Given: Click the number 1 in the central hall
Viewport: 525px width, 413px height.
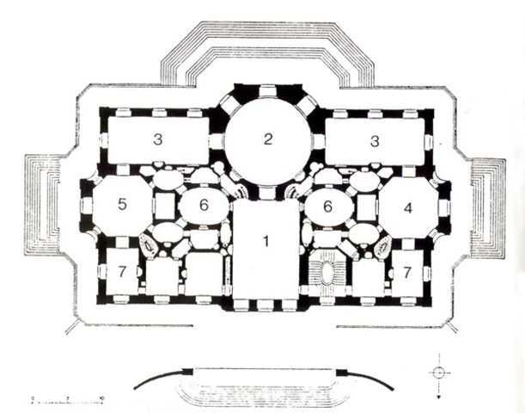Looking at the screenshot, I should (x=266, y=241).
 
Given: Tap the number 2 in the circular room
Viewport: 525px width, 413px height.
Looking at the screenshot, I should (x=268, y=139).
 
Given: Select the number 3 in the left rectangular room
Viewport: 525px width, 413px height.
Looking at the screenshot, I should (x=157, y=139).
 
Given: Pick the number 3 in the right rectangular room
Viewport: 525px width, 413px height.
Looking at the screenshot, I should (x=375, y=139).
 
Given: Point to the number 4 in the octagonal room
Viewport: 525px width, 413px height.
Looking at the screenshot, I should (x=408, y=207).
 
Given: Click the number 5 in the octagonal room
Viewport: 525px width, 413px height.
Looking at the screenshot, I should (x=123, y=205).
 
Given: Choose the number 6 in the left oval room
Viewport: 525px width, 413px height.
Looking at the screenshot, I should (x=204, y=206).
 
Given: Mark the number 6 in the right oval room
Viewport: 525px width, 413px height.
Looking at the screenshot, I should (x=327, y=206).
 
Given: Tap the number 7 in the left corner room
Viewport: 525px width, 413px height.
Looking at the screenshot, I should (x=123, y=272).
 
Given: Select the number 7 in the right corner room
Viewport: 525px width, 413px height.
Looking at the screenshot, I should (x=407, y=272).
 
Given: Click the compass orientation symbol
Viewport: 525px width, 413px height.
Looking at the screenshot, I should (x=439, y=373).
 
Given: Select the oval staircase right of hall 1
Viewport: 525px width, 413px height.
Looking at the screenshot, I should (x=327, y=273).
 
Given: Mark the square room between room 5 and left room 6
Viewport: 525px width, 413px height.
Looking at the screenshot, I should (x=163, y=206).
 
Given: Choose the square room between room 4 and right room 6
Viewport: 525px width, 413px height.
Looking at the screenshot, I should (x=367, y=206).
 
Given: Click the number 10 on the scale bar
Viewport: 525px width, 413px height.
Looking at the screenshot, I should (x=102, y=398).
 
